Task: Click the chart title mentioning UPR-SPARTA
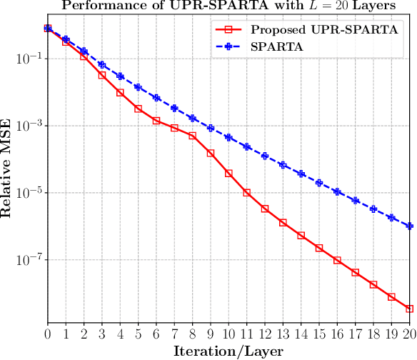click(x=229, y=6)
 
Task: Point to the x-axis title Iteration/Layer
click(x=228, y=351)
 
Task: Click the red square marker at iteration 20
click(x=409, y=309)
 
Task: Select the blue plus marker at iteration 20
click(x=409, y=226)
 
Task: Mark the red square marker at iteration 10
click(x=228, y=174)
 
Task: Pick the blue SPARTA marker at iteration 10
click(x=228, y=137)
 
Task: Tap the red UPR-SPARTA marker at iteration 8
click(x=192, y=136)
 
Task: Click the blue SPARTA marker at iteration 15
click(x=319, y=183)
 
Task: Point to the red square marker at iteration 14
click(x=301, y=236)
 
